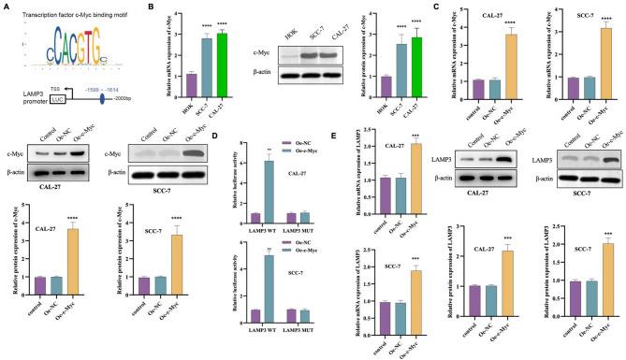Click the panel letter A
coord(7,7)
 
